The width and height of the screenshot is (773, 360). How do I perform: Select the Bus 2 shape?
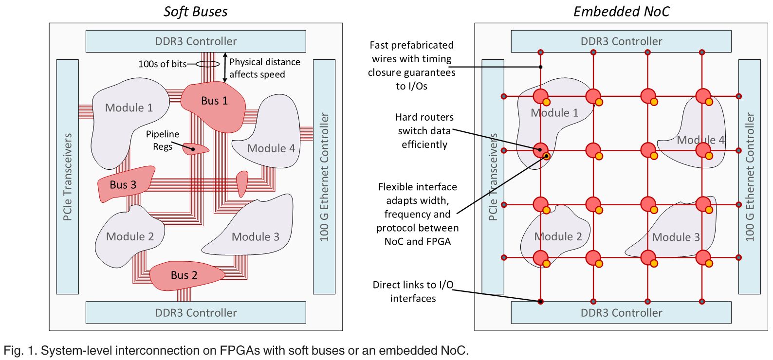[x=184, y=275]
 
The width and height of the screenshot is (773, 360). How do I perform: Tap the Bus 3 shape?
[x=123, y=185]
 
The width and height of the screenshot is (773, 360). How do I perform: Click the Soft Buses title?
[x=195, y=12]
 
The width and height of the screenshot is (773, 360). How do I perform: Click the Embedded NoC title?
[x=621, y=12]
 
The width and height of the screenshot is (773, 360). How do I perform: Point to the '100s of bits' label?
[x=162, y=64]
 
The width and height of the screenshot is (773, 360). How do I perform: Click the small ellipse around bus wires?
[x=207, y=64]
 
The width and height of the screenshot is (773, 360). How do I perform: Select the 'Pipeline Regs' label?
[x=162, y=140]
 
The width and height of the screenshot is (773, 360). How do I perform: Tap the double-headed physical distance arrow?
[x=225, y=67]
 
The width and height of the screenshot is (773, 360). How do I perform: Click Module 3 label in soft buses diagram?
[x=255, y=237]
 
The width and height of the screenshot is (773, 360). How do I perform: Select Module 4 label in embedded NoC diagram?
[x=700, y=140]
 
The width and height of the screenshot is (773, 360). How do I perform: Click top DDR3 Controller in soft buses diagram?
[x=196, y=41]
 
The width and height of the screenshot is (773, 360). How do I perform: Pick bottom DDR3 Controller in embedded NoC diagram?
[x=621, y=313]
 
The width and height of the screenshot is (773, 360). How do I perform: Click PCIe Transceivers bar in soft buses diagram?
[x=68, y=177]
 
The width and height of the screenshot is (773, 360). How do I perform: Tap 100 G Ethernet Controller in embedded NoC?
[x=750, y=177]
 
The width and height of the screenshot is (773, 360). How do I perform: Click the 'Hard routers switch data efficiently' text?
[x=424, y=131]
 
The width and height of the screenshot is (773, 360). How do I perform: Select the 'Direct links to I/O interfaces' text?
[x=413, y=291]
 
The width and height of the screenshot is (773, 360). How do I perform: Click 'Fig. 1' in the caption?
[x=19, y=350]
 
